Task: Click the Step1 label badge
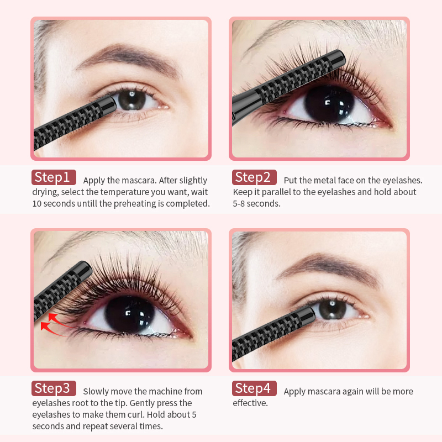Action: (54, 177)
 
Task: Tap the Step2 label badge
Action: (254, 177)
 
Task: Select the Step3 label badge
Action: (54, 388)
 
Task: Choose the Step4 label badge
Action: (254, 388)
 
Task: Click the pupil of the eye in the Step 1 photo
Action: (132, 99)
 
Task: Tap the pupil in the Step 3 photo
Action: (130, 314)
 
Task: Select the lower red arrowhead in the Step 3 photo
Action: (45, 326)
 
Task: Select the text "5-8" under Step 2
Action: (239, 203)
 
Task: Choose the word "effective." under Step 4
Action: (250, 403)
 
